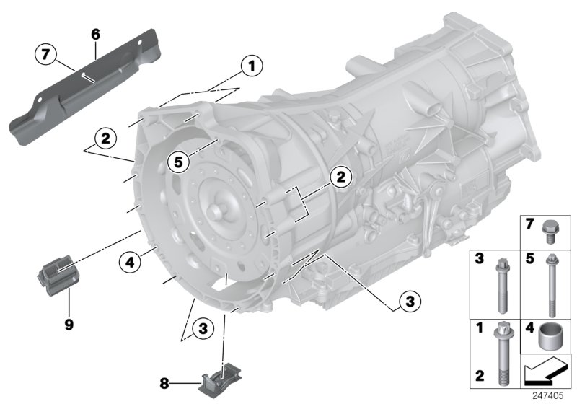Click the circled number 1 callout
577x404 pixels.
coord(252,67)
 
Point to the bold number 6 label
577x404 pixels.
coord(95,33)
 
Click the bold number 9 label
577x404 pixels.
coord(69,325)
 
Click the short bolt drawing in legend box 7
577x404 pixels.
coord(550,229)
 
